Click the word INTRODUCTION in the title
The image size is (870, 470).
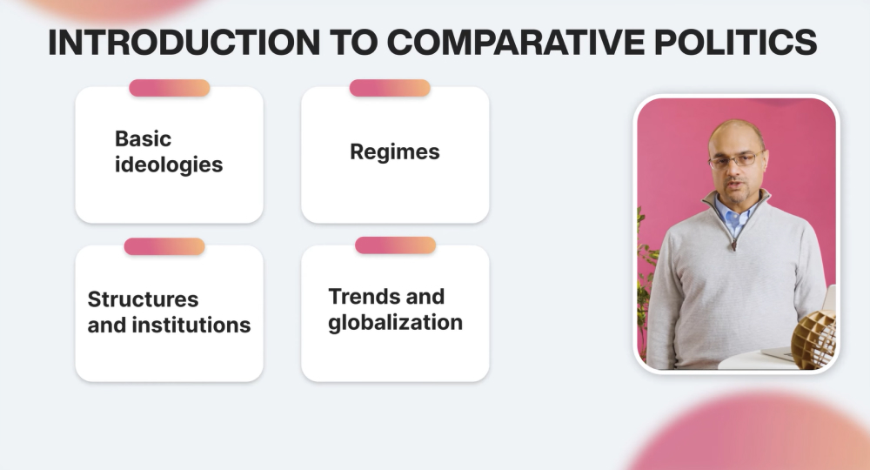tap(184, 42)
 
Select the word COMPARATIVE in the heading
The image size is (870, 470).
tap(516, 42)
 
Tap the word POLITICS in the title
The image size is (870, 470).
tap(736, 42)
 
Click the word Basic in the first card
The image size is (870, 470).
tap(143, 138)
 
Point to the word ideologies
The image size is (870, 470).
tap(169, 164)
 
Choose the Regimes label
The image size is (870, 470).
tap(394, 152)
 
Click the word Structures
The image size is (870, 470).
tap(143, 299)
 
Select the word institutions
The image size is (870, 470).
tap(191, 325)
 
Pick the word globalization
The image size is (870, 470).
tap(395, 323)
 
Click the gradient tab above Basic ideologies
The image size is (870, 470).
tap(170, 88)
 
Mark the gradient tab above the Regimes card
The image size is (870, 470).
tap(390, 88)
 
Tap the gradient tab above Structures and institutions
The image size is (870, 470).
tap(164, 246)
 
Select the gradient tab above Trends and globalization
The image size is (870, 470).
tap(395, 245)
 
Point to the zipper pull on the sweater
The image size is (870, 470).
tap(734, 245)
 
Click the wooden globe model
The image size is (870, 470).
tap(814, 339)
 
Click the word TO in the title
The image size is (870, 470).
tap(353, 42)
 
